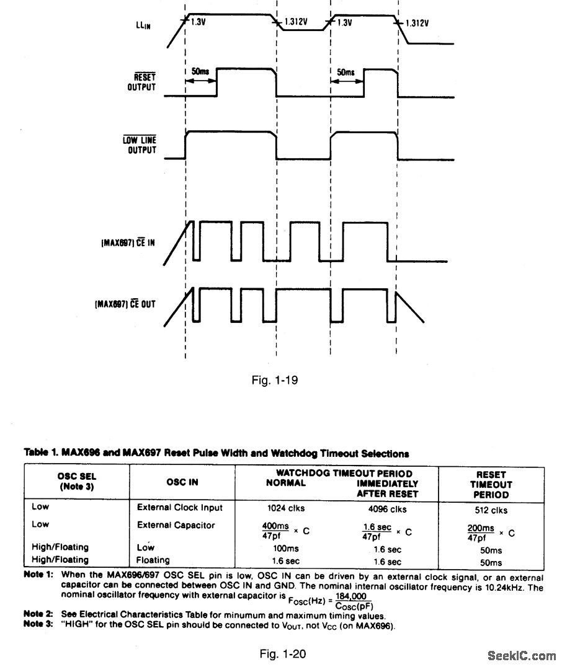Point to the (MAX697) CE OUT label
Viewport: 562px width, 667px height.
click(x=123, y=304)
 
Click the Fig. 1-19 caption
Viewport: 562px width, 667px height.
click(x=274, y=379)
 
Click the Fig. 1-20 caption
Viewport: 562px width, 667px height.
click(x=282, y=653)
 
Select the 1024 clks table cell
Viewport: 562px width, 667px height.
click(x=285, y=510)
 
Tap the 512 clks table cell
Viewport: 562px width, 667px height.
click(x=490, y=510)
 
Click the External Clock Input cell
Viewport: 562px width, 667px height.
click(x=179, y=508)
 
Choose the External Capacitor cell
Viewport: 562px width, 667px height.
click(x=176, y=525)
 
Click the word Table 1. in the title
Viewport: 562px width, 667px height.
click(x=40, y=454)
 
